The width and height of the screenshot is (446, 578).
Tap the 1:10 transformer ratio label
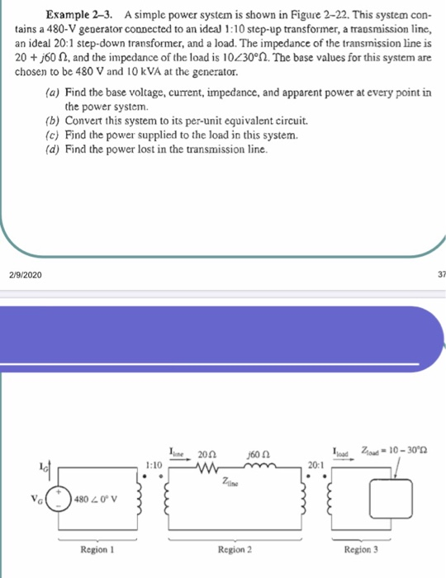154,465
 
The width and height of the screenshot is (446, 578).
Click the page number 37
439,274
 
